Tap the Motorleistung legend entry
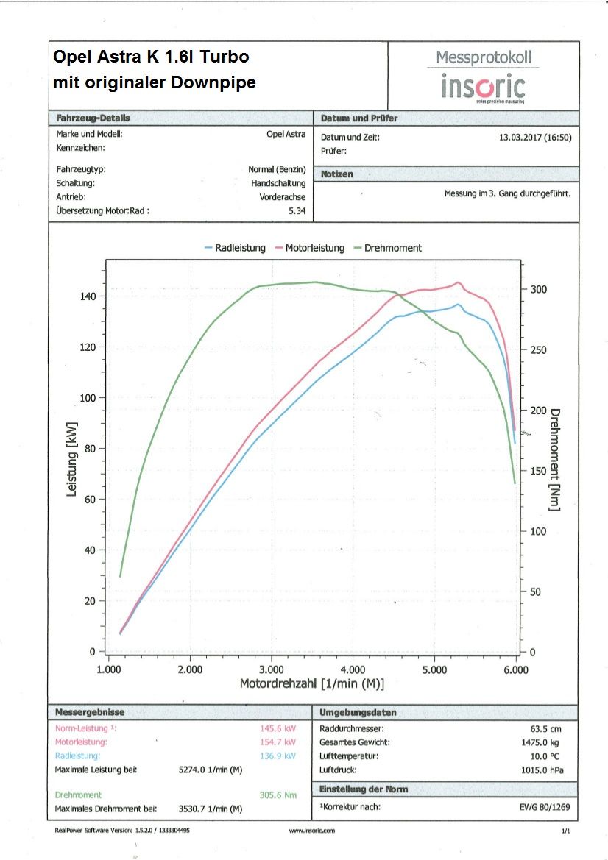tap(310, 248)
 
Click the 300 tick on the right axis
tap(540, 290)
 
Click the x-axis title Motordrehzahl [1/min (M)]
tap(311, 683)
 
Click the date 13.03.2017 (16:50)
tap(535, 137)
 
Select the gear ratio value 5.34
tap(297, 211)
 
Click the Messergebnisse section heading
tap(90, 712)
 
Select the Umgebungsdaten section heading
tap(358, 712)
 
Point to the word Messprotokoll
tap(483, 57)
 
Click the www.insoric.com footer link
tap(312, 830)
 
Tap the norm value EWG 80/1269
tap(545, 808)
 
